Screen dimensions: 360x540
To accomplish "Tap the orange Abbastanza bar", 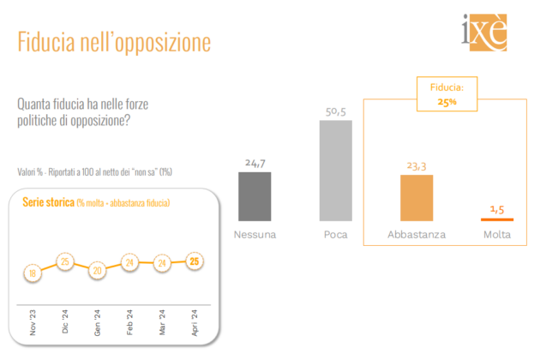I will click(417, 198).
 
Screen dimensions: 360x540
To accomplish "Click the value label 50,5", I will click(336, 111).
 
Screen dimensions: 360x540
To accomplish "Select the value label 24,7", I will click(255, 163).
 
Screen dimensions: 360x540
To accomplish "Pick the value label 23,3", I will click(417, 166).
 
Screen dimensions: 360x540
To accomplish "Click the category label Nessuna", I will click(255, 234).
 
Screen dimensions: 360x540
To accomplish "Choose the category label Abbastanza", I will click(417, 234).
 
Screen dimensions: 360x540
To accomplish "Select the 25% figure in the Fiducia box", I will click(447, 102).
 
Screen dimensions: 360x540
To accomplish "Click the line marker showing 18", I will click(33, 273).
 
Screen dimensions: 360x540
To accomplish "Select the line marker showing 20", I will click(97, 269).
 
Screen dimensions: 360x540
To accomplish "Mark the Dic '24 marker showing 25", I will click(64, 260).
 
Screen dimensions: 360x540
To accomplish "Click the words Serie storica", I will click(47, 202).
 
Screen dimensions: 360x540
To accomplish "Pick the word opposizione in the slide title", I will click(159, 42).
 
